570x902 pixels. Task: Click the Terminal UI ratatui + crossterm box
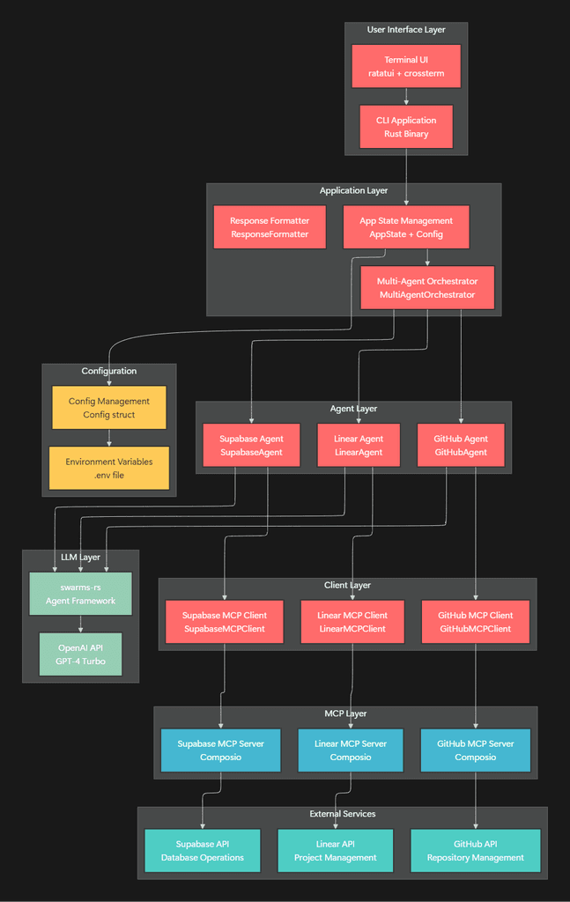tap(406, 66)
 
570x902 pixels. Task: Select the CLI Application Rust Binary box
tap(406, 127)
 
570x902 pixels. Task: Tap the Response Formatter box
tap(270, 227)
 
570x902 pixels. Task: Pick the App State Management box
tap(406, 227)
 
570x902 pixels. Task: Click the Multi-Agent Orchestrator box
tap(427, 288)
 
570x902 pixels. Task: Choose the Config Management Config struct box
tap(109, 408)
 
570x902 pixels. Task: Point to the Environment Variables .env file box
tap(109, 468)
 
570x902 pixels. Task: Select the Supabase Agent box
tap(251, 446)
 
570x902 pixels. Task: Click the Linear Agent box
tap(359, 446)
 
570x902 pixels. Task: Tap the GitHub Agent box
tap(461, 446)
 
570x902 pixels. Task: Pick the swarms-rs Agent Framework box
tap(80, 594)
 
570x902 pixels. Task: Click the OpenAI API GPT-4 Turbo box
tap(80, 654)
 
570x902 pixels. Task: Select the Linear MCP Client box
tap(352, 622)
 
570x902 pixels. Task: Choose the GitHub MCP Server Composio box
tap(476, 750)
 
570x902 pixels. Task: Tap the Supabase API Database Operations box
tap(203, 851)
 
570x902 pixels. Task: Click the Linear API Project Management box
tap(335, 851)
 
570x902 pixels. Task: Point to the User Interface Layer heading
tap(406, 30)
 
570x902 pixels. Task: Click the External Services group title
tap(342, 814)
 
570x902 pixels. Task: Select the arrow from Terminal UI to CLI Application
tap(406, 97)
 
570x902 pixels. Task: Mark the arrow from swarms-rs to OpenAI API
tap(80, 624)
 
